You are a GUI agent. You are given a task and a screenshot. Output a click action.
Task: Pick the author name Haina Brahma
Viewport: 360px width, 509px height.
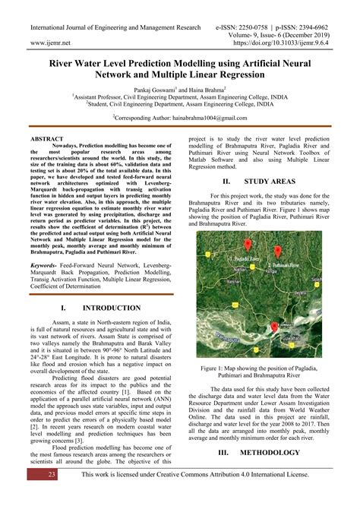(202, 88)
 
